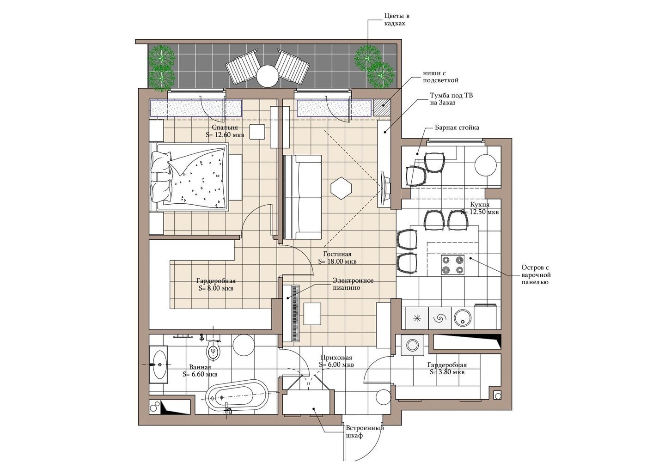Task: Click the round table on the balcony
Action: coord(267,76)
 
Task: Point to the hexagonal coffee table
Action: coord(341,188)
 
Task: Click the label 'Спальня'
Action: coord(225,128)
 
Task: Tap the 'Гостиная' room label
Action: coord(337,254)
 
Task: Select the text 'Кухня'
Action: coord(480,204)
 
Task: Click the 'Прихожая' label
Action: coord(336,358)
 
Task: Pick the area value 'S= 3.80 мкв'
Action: coord(447,372)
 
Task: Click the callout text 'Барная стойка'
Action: coord(457,128)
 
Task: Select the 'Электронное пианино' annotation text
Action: coord(353,284)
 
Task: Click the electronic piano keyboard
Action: coord(295,313)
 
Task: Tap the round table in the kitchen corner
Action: coord(485,165)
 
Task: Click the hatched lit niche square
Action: coord(382,108)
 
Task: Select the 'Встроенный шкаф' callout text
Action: coord(365,432)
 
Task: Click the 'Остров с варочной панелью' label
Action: coord(536,274)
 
